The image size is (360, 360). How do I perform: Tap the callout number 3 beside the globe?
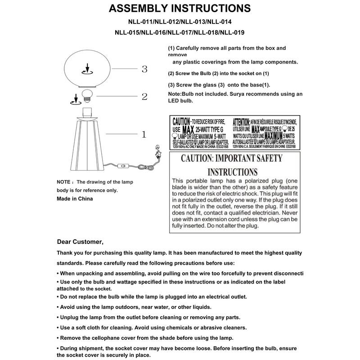pyautogui.click(x=144, y=69)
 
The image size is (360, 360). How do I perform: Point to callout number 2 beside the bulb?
pyautogui.click(x=144, y=96)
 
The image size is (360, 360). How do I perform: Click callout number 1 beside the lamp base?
pyautogui.click(x=144, y=134)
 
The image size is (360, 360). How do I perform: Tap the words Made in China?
pyautogui.click(x=75, y=198)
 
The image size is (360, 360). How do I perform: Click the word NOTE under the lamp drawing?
pyautogui.click(x=64, y=182)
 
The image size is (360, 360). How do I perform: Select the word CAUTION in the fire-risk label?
pyautogui.click(x=181, y=121)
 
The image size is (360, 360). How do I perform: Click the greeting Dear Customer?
pyautogui.click(x=80, y=241)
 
